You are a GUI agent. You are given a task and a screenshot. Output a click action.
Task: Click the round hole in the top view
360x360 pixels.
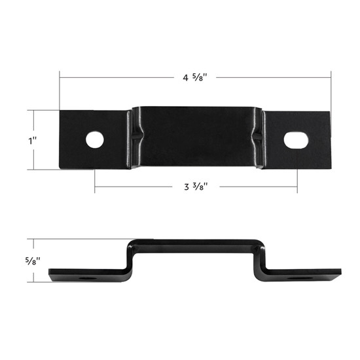(x=96, y=139)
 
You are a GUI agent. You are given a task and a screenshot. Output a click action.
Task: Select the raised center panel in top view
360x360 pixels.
(x=196, y=136)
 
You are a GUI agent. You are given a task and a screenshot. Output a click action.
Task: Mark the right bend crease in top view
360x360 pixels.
(x=261, y=136)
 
